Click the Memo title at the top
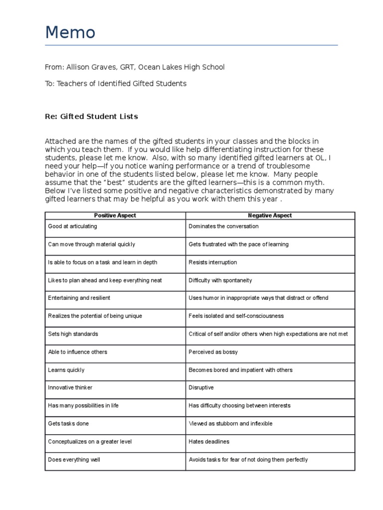pos(70,33)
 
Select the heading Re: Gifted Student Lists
pos(91,117)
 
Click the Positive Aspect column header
pos(115,215)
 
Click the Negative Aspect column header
pos(270,215)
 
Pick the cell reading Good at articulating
pos(72,226)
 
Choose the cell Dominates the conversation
pos(223,226)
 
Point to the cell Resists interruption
pos(212,262)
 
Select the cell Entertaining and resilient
pos(79,298)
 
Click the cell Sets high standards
pos(73,334)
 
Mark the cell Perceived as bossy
pos(213,352)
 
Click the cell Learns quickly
pos(66,370)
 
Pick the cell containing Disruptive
pos(201,387)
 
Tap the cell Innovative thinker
pos(70,387)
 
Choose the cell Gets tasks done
pos(68,424)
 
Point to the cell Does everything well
pos(74,460)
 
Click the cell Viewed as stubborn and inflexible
pos(230,424)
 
